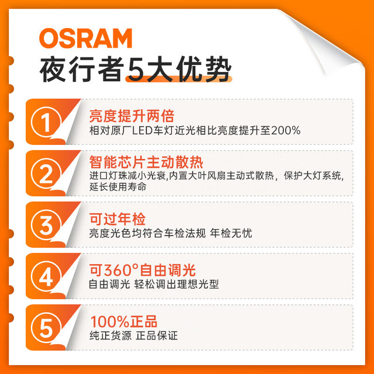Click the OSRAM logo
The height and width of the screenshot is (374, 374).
(86, 38)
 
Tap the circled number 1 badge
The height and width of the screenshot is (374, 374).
(46, 122)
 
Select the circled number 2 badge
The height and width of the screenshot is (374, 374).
(46, 174)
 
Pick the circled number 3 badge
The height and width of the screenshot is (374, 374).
(46, 224)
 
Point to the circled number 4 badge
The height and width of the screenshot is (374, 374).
(46, 276)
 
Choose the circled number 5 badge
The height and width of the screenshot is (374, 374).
(46, 328)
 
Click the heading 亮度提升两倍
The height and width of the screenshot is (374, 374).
(132, 116)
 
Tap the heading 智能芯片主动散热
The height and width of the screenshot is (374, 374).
(146, 162)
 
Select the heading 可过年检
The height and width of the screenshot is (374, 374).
(117, 219)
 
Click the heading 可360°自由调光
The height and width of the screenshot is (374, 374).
(143, 270)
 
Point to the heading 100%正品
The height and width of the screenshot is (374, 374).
(123, 321)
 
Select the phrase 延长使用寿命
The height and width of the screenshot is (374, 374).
(118, 187)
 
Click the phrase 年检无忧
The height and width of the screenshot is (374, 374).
(231, 233)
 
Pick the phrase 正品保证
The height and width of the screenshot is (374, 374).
(157, 336)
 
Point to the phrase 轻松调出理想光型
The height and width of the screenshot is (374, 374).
(176, 285)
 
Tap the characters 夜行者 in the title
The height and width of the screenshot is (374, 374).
(82, 70)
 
